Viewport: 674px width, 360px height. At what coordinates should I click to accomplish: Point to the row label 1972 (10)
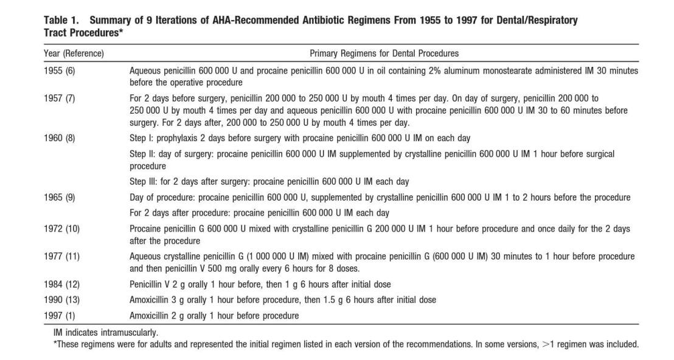(61, 229)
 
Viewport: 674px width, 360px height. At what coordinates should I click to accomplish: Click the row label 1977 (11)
(61, 256)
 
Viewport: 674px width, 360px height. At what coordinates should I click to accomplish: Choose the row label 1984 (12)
(61, 284)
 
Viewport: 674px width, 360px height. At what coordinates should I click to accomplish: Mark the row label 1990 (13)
(61, 300)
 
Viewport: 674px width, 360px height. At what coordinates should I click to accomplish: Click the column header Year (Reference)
(74, 54)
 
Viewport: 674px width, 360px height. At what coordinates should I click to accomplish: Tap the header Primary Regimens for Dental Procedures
(384, 54)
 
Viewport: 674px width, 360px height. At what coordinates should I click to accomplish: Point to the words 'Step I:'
(141, 137)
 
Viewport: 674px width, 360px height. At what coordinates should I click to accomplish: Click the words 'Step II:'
(142, 154)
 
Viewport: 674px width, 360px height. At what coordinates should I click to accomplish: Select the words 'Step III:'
(144, 181)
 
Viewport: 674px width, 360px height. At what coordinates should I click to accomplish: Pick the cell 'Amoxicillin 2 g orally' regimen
(214, 316)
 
